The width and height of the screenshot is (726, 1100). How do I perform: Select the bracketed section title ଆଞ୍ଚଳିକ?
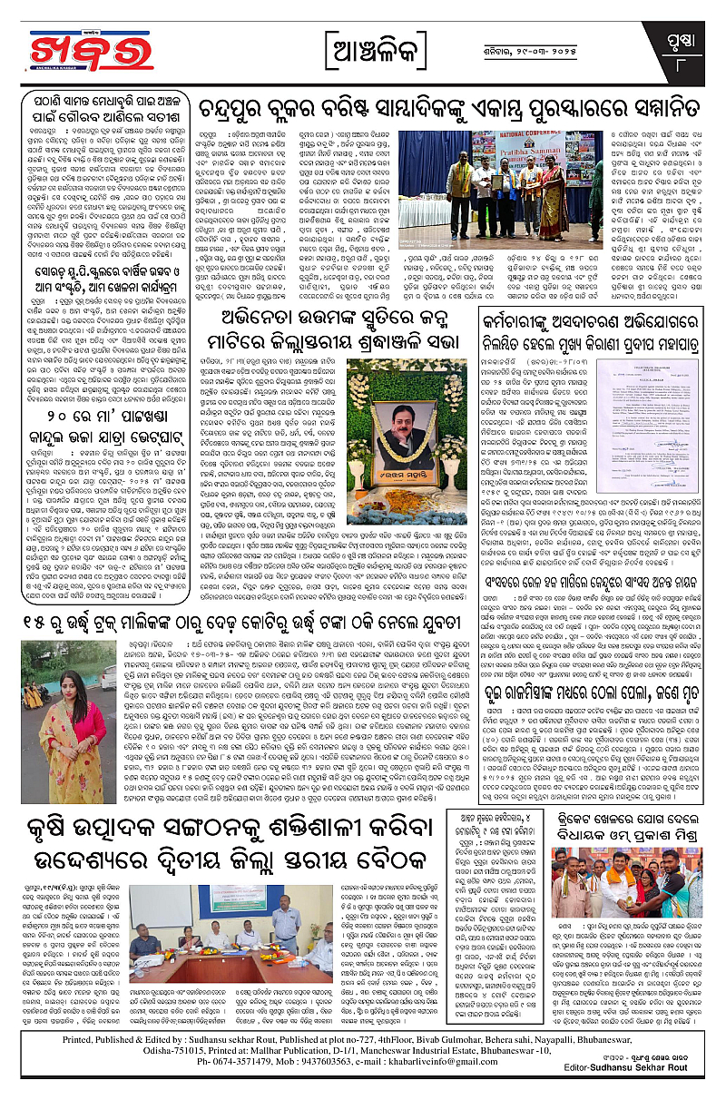point(363,44)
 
